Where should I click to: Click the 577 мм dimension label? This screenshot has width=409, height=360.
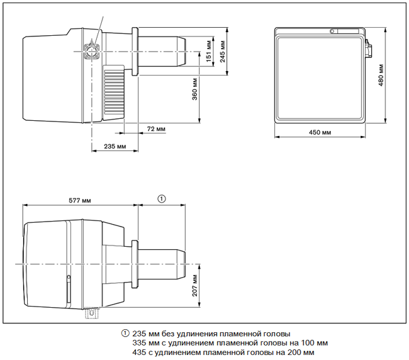pos(80,200)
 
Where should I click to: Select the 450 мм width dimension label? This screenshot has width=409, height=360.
pos(320,132)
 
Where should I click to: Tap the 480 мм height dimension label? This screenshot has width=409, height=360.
pos(381,75)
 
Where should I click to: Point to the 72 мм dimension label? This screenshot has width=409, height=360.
pos(156,129)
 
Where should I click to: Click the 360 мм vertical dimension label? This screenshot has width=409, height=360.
pos(195,89)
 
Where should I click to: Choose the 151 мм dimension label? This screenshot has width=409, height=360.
pos(209,51)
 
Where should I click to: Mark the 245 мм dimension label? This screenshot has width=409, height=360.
pos(223,52)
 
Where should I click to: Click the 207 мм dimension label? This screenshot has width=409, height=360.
pos(195,286)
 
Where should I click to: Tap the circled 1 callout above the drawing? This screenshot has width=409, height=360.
pos(162,199)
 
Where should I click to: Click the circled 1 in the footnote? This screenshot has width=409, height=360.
pos(125,334)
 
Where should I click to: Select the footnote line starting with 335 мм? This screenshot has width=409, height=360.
pos(230,342)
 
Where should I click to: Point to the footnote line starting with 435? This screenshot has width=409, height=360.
pos(223,352)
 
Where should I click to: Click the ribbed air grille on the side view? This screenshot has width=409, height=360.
pos(114,93)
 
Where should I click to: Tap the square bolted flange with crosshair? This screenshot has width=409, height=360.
pos(92,52)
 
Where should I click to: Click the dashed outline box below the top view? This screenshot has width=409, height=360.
pos(92,313)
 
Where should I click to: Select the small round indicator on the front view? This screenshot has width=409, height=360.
pos(332,31)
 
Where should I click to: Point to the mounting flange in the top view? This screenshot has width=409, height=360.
pos(135,264)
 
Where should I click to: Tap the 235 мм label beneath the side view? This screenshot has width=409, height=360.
pos(115,147)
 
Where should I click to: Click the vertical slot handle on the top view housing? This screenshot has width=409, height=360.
pos(69,288)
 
